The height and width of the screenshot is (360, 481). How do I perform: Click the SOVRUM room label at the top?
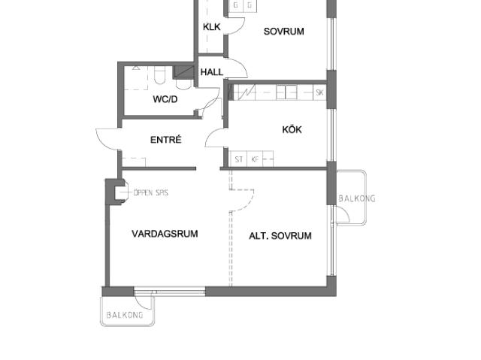coord(284,32)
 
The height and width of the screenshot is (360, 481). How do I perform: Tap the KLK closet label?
coord(212,27)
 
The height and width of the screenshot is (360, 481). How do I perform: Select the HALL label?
coord(212,72)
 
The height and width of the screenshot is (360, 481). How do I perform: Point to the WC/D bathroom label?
coord(165,99)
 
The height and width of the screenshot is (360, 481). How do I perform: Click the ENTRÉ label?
coord(166,140)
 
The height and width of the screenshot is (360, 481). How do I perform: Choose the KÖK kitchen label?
coord(292,129)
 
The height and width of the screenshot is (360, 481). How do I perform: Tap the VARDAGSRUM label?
coord(165,234)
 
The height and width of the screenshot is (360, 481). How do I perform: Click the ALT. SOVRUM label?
coord(280,235)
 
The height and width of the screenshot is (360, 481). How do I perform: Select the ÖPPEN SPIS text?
coord(151,192)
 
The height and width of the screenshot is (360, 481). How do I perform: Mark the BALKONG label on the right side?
coord(357,198)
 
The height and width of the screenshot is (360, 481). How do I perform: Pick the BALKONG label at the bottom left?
coord(125,315)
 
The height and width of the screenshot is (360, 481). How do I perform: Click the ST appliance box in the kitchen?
coord(239,159)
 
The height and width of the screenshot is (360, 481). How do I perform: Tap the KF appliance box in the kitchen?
coord(255,159)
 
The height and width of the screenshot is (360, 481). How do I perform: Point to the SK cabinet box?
coord(319,92)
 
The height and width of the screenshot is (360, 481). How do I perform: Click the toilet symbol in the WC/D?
coord(159,75)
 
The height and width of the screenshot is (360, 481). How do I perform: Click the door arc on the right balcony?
coord(345,212)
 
